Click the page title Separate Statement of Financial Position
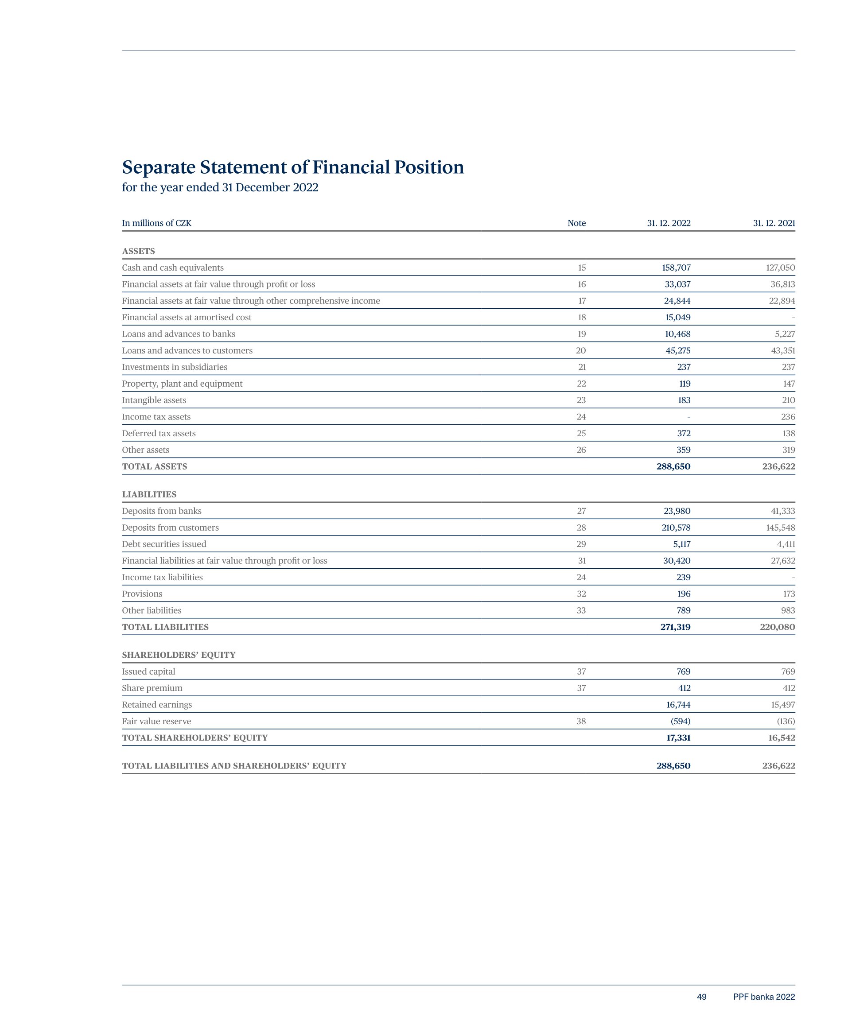click(x=292, y=167)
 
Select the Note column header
click(x=576, y=223)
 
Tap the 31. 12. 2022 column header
click(x=668, y=223)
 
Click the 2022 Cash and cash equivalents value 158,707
click(x=676, y=268)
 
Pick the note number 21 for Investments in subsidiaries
click(x=581, y=367)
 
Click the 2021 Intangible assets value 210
click(x=788, y=400)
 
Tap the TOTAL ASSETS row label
click(x=154, y=467)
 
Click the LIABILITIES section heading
click(x=149, y=495)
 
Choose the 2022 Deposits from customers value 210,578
click(x=676, y=528)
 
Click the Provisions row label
click(x=142, y=594)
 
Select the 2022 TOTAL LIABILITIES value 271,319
click(x=675, y=627)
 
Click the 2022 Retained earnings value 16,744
click(x=678, y=705)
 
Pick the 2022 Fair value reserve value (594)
click(x=681, y=722)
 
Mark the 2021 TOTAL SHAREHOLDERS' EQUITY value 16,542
click(x=781, y=738)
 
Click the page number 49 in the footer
click(x=701, y=997)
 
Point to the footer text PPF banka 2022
click(x=763, y=997)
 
